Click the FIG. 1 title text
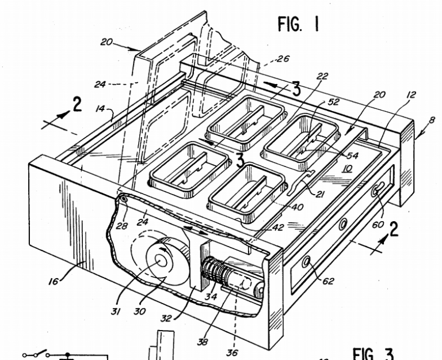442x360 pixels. tap(299, 24)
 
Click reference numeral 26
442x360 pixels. tap(283, 59)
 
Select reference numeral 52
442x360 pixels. tap(333, 101)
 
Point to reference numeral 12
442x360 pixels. tap(411, 94)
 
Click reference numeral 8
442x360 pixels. tap(432, 120)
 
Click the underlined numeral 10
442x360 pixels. tap(348, 168)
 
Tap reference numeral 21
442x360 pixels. tap(320, 194)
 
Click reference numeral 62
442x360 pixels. tap(328, 281)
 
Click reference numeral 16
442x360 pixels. tap(54, 281)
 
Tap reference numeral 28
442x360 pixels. tap(122, 226)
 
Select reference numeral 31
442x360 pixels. tap(116, 311)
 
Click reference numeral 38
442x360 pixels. tap(202, 342)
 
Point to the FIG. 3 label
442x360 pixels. tap(373, 354)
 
